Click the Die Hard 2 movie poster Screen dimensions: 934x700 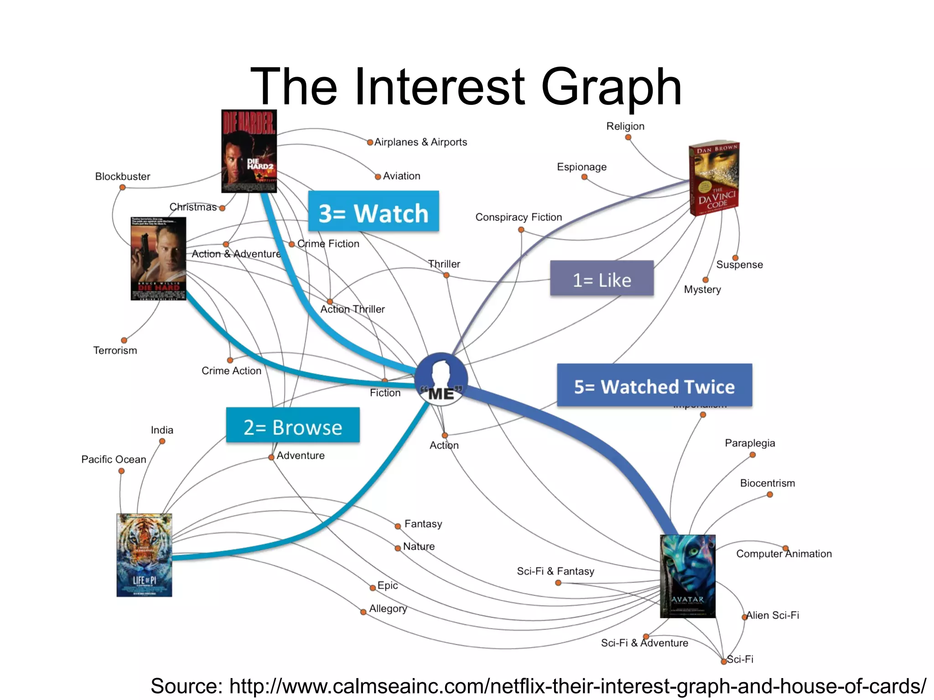click(x=249, y=151)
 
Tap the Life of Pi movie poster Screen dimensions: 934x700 click(x=144, y=555)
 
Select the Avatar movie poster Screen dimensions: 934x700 click(x=687, y=576)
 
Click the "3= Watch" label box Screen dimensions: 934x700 click(x=374, y=212)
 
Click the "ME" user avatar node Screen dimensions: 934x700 click(x=441, y=377)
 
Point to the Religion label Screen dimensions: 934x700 click(x=625, y=126)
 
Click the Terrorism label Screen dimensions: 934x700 click(x=115, y=351)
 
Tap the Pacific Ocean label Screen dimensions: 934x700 click(x=114, y=459)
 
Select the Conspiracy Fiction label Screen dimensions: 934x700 click(x=519, y=217)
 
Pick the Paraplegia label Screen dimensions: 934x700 click(x=750, y=443)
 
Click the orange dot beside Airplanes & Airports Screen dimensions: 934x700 click(x=370, y=142)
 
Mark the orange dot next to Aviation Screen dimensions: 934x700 click(x=378, y=177)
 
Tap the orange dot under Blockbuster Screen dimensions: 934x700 click(x=122, y=187)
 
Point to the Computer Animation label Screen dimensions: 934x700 click(x=784, y=554)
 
